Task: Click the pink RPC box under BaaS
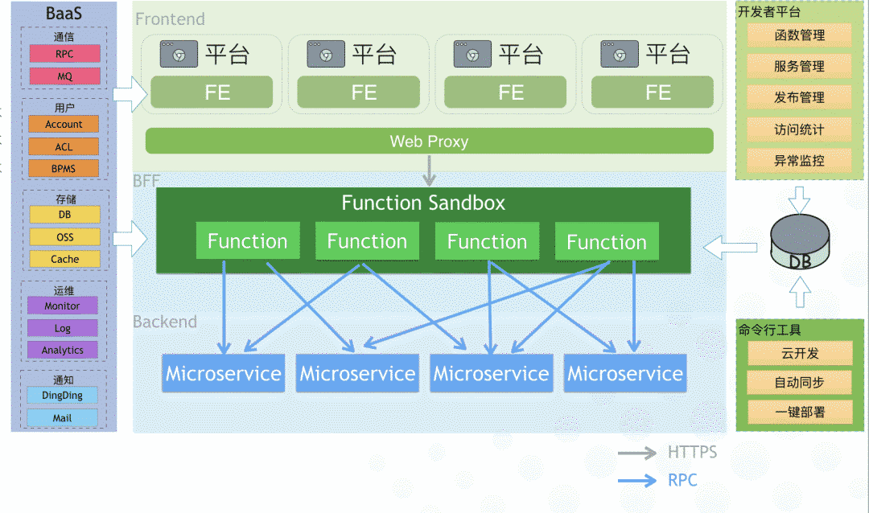(64, 54)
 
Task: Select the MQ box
(64, 76)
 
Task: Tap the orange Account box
(64, 124)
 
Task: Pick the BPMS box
(64, 168)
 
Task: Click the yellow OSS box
(64, 237)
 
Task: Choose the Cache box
(64, 259)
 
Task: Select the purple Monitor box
(62, 306)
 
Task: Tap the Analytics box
(62, 350)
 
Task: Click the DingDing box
(62, 396)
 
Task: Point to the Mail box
(62, 417)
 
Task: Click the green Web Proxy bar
(429, 142)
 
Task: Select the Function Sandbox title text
(423, 203)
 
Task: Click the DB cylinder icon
(800, 242)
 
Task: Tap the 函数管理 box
(799, 35)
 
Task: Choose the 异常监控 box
(799, 161)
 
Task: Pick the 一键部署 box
(800, 412)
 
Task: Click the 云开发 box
(800, 354)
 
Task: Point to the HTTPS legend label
(692, 452)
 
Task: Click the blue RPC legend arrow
(637, 480)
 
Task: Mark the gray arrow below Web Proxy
(429, 170)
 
